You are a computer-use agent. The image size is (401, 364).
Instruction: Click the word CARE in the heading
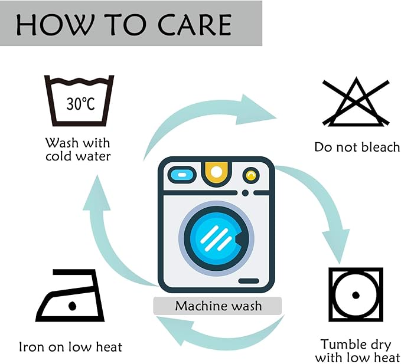(x=194, y=24)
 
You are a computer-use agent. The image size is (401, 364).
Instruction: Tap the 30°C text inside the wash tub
(x=80, y=104)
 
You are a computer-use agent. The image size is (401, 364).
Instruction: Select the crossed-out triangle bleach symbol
(x=356, y=101)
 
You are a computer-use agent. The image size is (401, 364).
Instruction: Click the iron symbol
(x=70, y=296)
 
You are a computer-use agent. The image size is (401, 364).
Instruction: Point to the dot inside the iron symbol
(x=73, y=306)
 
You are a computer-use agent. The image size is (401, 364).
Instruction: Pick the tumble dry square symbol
(x=356, y=294)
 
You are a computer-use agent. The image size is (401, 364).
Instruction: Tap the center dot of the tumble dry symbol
(x=356, y=295)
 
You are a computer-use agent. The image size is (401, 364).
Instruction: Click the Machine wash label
(x=218, y=306)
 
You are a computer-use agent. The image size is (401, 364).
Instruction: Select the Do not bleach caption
(x=357, y=147)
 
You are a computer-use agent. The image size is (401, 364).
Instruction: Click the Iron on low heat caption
(x=71, y=347)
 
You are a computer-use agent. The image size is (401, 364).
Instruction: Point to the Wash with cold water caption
(x=78, y=149)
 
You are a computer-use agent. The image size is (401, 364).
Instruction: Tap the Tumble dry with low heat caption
(x=357, y=350)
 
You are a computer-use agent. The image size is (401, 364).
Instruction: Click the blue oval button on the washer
(x=182, y=175)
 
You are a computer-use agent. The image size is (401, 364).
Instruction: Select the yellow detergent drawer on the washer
(x=216, y=173)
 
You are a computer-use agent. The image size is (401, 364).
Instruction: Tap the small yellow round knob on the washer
(x=251, y=175)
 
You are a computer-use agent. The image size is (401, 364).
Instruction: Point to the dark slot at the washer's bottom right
(x=249, y=281)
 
